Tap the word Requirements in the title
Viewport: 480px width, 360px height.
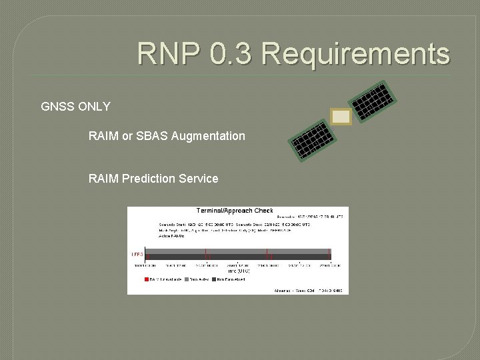356,54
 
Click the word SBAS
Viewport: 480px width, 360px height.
152,136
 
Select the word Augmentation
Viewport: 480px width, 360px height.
208,136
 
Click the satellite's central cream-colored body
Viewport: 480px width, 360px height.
341,117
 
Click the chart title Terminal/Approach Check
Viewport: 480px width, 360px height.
235,211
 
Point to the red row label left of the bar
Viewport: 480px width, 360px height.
137,254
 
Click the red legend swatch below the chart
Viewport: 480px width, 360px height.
147,279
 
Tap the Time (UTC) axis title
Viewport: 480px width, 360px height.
239,271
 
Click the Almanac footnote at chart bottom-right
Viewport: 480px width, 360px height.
308,291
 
